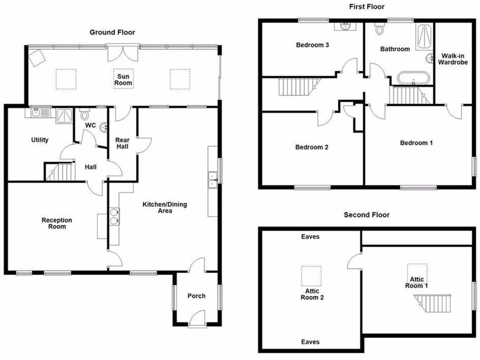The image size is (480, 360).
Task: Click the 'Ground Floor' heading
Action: (x=112, y=32)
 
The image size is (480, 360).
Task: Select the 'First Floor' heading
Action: (x=367, y=7)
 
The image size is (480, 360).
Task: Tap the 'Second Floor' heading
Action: (x=367, y=215)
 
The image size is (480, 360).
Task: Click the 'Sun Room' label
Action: (x=124, y=80)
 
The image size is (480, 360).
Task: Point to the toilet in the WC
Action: (x=84, y=114)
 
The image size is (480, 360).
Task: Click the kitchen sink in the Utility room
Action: (x=39, y=112)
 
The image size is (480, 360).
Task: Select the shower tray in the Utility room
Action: (x=63, y=115)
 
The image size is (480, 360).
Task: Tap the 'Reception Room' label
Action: (x=57, y=223)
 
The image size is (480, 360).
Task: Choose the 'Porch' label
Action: (x=196, y=296)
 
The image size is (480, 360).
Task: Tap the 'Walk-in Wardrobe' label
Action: (x=452, y=59)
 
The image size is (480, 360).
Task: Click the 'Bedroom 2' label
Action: (x=311, y=147)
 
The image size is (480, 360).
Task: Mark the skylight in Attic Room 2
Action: (x=311, y=276)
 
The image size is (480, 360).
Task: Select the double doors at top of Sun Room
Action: (x=123, y=52)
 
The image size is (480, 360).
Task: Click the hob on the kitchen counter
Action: (x=113, y=216)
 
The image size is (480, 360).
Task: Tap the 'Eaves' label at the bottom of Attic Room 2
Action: (x=310, y=342)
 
